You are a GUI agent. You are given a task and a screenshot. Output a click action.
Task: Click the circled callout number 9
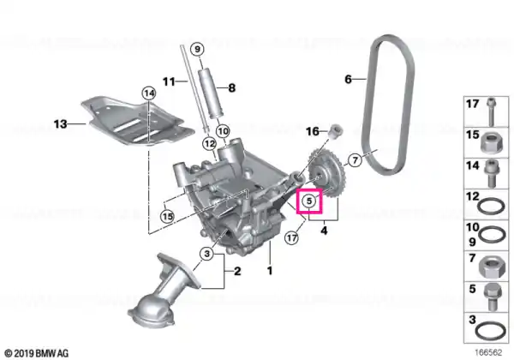tap(197, 50)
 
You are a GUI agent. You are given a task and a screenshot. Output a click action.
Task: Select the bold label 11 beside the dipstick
tap(170, 81)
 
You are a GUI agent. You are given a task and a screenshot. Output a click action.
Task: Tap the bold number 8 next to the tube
tap(232, 87)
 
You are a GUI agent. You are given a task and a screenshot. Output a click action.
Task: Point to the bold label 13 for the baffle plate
tap(60, 124)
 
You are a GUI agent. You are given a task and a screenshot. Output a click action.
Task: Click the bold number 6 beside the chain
tap(348, 79)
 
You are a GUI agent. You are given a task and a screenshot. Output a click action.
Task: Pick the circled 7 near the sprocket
tap(355, 160)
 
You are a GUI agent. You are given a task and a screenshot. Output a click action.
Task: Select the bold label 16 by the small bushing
tap(313, 131)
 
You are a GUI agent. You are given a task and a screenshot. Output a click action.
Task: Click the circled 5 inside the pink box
tap(309, 201)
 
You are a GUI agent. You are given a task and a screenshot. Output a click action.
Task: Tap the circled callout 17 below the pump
tap(291, 237)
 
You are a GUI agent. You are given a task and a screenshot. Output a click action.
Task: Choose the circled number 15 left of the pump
tap(167, 216)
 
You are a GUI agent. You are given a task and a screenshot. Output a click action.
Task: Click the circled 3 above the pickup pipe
tap(206, 254)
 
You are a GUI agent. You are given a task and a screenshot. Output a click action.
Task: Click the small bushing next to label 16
tap(335, 131)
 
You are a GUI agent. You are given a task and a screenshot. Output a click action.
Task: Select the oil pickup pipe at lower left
tap(162, 289)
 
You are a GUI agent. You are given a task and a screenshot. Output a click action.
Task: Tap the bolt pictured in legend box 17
tap(491, 111)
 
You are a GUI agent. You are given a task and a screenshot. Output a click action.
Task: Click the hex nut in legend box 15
tap(490, 144)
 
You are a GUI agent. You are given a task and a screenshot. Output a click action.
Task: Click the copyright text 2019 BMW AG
tap(37, 353)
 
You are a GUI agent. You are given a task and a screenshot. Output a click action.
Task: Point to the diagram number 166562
tap(488, 352)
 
